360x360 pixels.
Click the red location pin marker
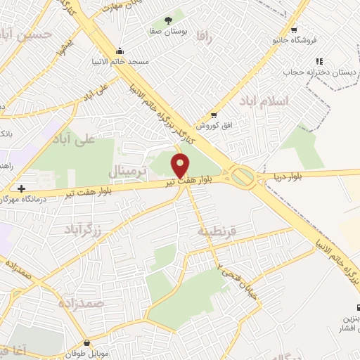[181, 166]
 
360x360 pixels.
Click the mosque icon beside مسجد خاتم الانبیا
[120, 51]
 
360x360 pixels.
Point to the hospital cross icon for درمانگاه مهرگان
[22, 188]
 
